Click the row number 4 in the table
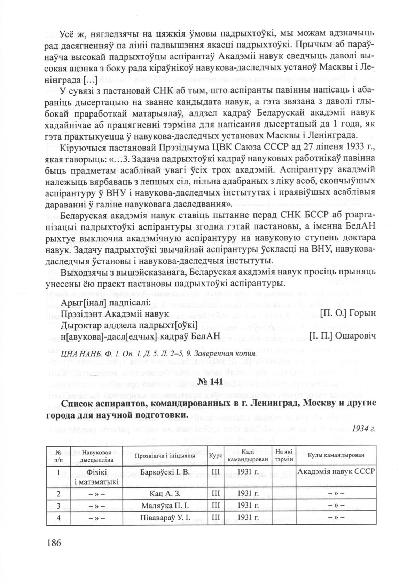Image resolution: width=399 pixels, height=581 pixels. click(58, 517)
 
